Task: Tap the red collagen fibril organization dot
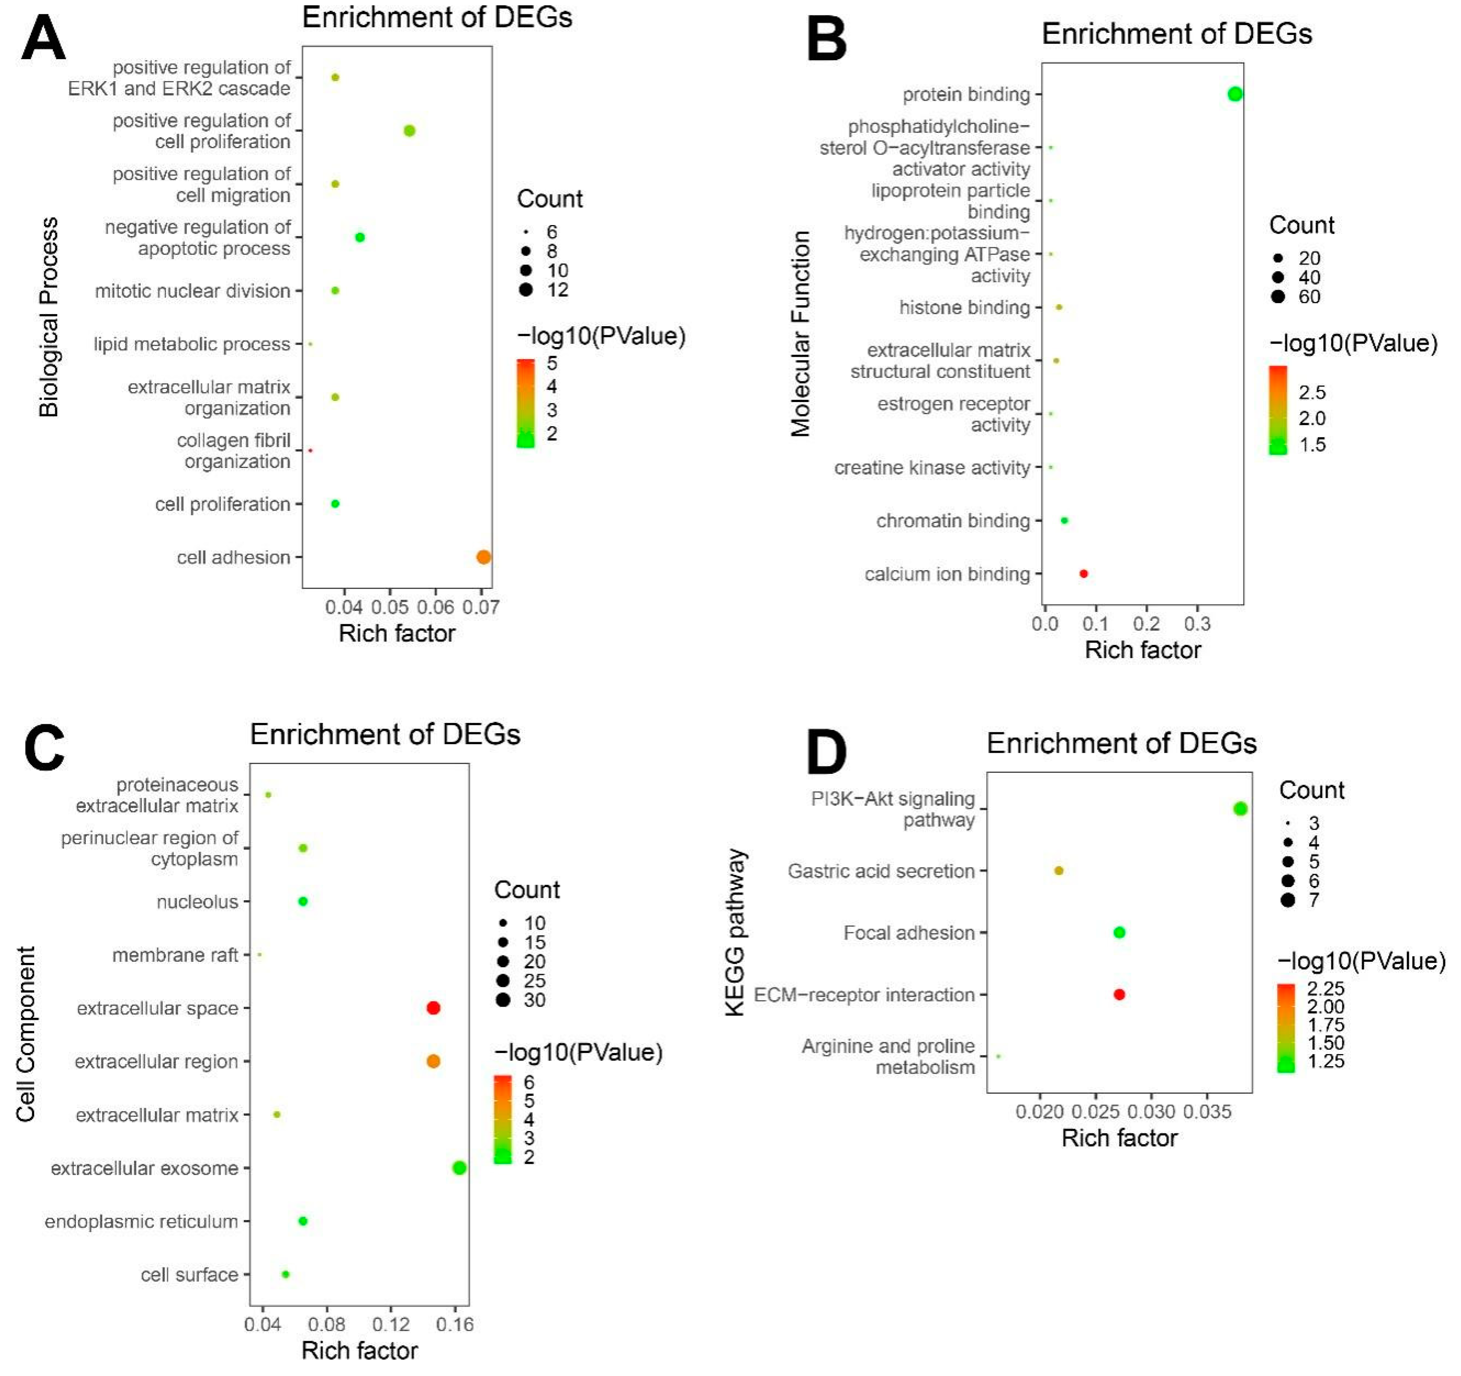(x=310, y=450)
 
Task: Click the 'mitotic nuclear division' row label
(x=193, y=291)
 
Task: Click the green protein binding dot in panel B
(x=1234, y=94)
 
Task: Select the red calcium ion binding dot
(x=1083, y=574)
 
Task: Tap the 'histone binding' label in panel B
(x=964, y=308)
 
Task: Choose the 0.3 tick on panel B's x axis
(x=1197, y=624)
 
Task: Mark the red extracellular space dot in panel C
(x=433, y=1008)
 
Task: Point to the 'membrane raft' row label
(x=175, y=955)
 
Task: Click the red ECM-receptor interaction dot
(x=1118, y=995)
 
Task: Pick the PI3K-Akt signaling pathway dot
(x=1240, y=809)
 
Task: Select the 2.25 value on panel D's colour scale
(x=1325, y=988)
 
